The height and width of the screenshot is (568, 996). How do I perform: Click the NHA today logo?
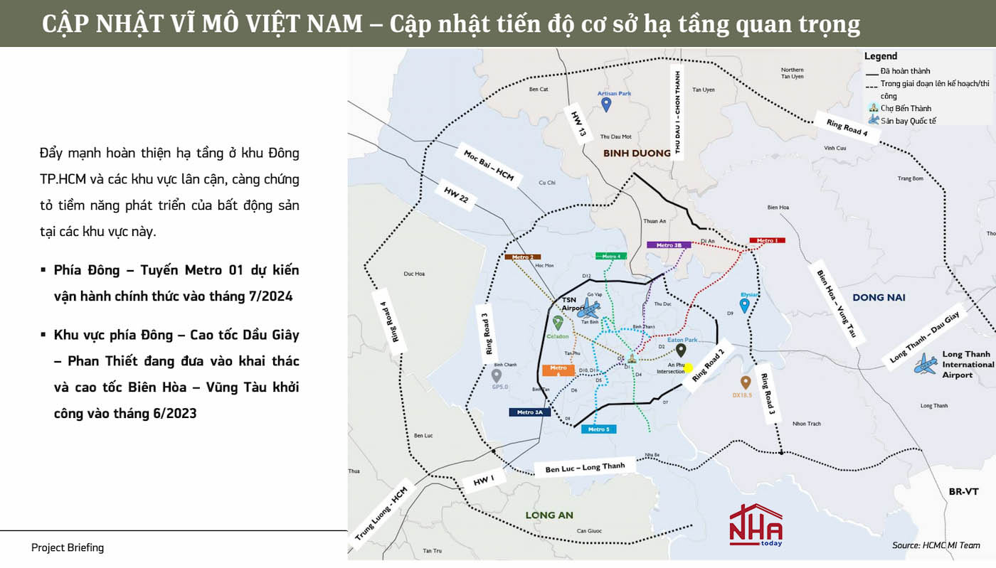pos(756,525)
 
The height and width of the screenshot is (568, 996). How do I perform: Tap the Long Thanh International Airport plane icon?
pos(926,364)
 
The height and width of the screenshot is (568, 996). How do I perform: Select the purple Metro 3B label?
pos(669,245)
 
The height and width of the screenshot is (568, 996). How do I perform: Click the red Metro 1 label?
pos(766,241)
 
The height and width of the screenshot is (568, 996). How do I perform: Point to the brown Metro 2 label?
pos(522,257)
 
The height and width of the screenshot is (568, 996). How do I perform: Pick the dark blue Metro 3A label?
pos(529,412)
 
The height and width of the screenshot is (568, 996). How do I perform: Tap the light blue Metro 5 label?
pos(598,429)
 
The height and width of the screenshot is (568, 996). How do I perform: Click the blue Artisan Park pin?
pos(606,105)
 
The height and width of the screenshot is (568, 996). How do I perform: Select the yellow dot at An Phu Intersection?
pos(688,368)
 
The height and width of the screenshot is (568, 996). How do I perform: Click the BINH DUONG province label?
pos(637,153)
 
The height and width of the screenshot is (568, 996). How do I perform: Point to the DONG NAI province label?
pos(879,297)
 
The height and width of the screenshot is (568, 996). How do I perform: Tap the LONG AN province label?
pos(549,515)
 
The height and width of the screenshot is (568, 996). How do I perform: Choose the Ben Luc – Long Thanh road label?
pos(585,468)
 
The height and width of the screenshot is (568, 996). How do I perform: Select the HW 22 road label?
pos(455,196)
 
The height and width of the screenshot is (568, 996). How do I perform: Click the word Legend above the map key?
pos(881,56)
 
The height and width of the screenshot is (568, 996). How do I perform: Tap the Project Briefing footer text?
pos(68,547)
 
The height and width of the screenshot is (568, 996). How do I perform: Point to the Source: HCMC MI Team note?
pos(936,545)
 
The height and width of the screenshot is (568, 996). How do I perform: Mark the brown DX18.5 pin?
pos(745,382)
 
